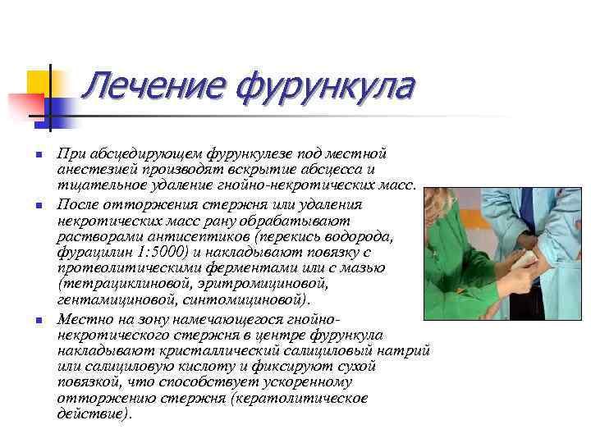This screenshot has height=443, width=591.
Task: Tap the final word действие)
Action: pyautogui.click(x=94, y=413)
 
